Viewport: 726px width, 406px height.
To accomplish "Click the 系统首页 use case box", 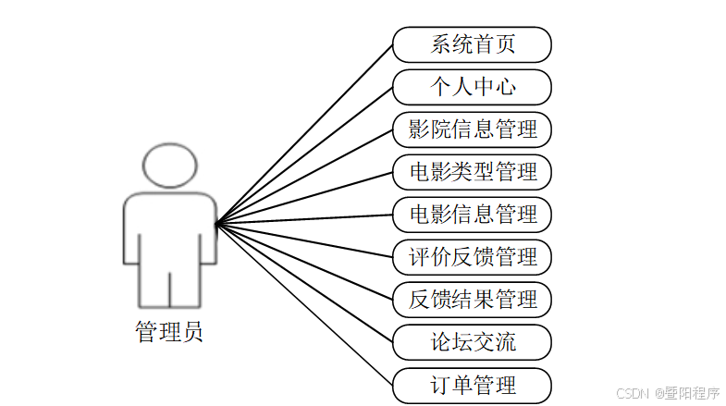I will pos(472,44).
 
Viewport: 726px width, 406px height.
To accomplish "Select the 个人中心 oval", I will pos(472,87).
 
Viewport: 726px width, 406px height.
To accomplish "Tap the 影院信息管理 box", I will pos(472,129).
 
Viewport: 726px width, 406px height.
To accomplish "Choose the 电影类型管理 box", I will pos(472,172).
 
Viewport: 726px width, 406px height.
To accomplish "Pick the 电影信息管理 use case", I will pos(472,215).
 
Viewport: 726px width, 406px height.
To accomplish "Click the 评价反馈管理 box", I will pos(472,257).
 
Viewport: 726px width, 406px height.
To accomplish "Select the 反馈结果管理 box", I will pos(472,300).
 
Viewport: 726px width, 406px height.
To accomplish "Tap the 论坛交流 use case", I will pos(472,342).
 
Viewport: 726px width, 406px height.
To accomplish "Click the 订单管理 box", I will pos(472,385).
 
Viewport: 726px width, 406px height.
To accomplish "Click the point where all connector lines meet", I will pos(215,223).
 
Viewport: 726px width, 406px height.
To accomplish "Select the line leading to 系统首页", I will pos(305,132).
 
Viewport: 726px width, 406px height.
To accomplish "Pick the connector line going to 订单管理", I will pos(305,304).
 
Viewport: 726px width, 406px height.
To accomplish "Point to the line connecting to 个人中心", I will pos(305,154).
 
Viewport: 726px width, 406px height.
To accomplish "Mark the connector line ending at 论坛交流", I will pos(305,283).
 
